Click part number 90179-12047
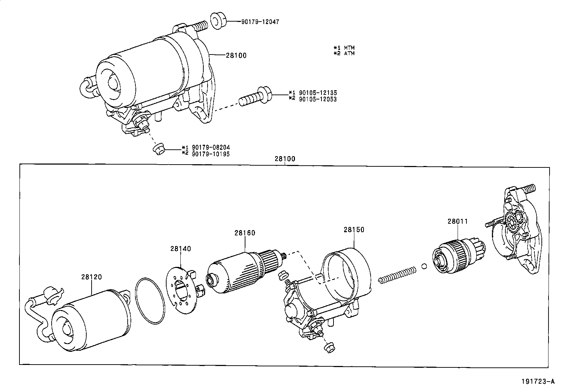260,22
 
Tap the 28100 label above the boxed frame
285,159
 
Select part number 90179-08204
211,147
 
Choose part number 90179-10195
211,154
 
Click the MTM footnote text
349,47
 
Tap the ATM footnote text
349,53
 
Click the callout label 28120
91,277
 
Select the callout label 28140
180,249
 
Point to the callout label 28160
244,233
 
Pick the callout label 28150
354,229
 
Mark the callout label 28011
458,221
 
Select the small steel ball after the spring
424,266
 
